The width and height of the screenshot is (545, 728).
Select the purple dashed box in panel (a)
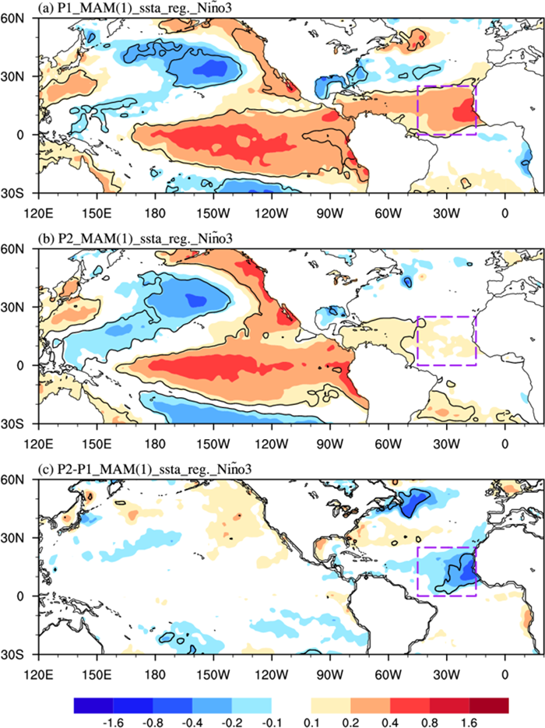pyautogui.click(x=446, y=110)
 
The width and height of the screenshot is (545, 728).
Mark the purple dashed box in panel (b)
pyautogui.click(x=446, y=340)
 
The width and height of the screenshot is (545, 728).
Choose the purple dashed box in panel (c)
pyautogui.click(x=446, y=571)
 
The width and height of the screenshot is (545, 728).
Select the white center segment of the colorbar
pyautogui.click(x=291, y=705)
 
